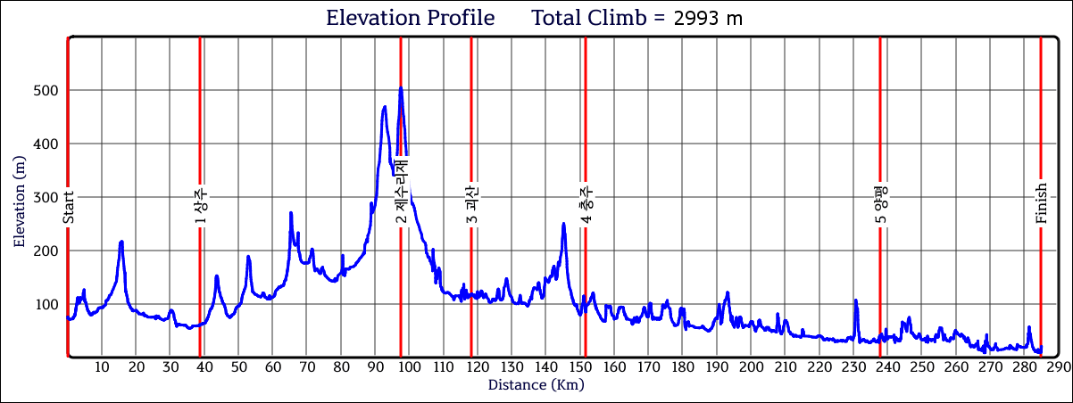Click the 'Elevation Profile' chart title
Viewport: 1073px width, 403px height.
(x=410, y=18)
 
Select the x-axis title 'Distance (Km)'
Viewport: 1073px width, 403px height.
(x=536, y=385)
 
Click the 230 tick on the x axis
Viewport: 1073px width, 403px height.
(x=853, y=367)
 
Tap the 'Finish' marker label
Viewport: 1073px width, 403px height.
(x=1041, y=205)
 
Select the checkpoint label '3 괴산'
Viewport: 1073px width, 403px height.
(x=471, y=205)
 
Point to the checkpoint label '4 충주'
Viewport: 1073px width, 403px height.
(x=586, y=205)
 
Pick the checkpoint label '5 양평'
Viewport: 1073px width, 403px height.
(x=880, y=205)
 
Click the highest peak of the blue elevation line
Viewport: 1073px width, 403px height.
(x=401, y=87)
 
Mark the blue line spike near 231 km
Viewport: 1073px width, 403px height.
(x=855, y=300)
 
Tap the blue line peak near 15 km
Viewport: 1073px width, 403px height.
(x=121, y=242)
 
